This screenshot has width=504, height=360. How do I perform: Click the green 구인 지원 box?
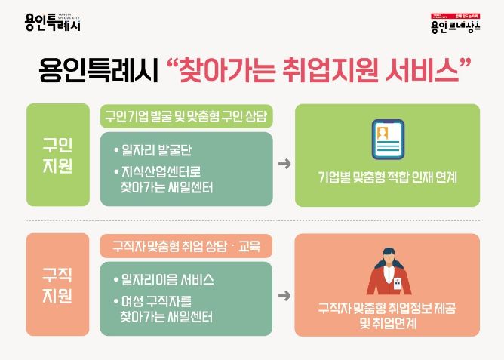58,155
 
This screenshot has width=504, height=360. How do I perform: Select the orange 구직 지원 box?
58,285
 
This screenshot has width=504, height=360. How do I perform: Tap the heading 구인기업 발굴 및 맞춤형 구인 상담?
186,117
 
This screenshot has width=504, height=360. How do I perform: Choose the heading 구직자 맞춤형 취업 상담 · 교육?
186,246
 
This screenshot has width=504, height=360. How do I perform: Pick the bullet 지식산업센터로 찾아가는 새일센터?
167,179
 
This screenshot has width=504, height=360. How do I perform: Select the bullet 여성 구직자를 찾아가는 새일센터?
167,309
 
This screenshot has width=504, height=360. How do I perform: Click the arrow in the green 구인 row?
284,164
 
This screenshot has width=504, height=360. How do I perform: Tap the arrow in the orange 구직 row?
284,295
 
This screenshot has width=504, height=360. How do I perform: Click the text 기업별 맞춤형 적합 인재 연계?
387,180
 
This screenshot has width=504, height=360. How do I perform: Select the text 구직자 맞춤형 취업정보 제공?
387,309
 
